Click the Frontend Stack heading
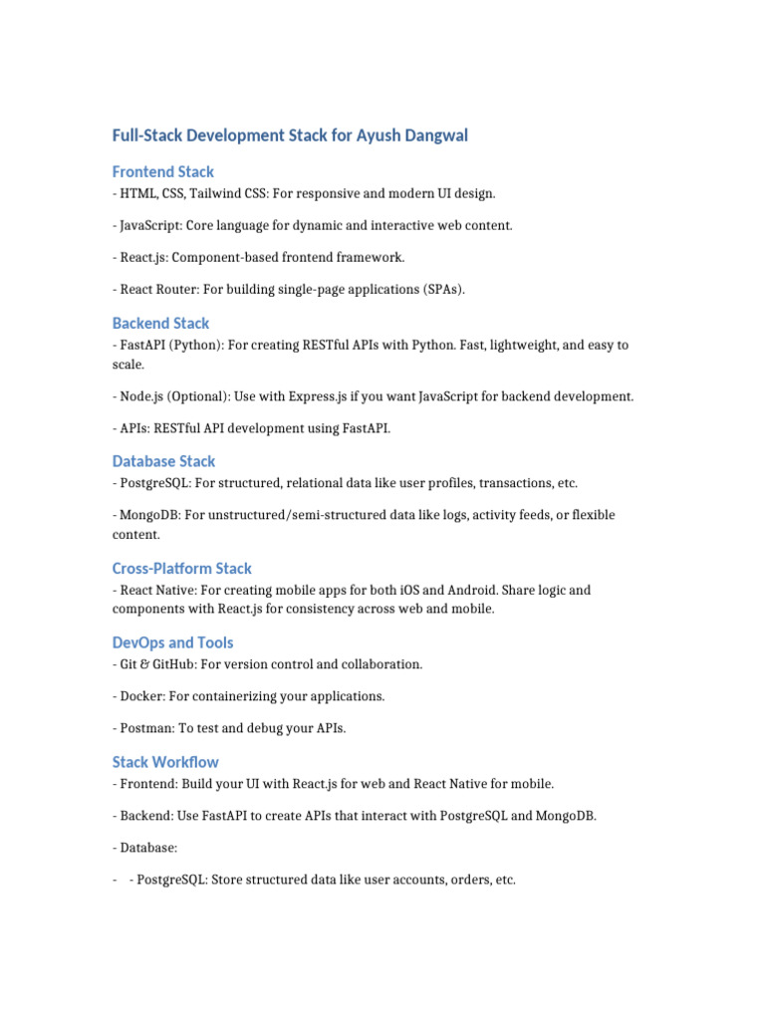(x=162, y=171)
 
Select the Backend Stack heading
(x=160, y=323)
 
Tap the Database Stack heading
(x=163, y=461)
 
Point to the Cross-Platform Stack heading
(x=181, y=568)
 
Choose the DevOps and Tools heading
(x=172, y=642)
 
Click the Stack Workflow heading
(x=165, y=762)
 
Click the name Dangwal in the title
(x=431, y=134)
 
